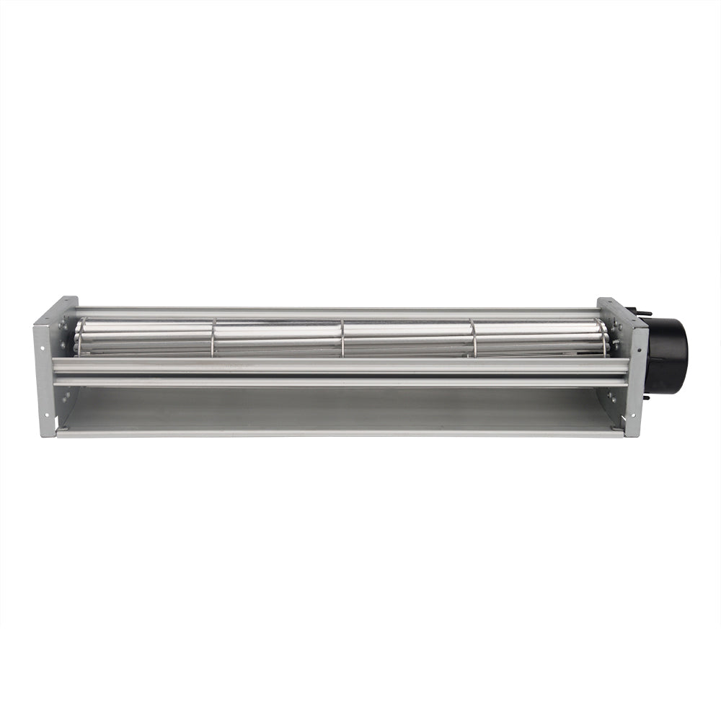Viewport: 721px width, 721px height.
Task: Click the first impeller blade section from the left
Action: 144,337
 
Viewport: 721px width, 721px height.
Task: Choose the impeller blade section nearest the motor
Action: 537,337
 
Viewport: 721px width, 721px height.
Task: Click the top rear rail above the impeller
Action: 339,313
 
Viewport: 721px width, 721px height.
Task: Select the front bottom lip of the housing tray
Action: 339,433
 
